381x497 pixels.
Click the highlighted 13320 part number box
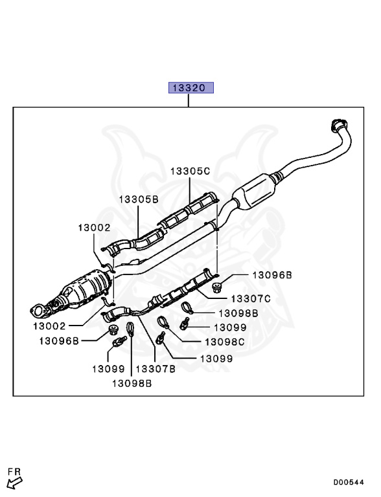(x=191, y=87)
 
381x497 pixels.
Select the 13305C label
(x=190, y=171)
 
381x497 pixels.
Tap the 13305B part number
(x=138, y=199)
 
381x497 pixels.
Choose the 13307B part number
(x=156, y=370)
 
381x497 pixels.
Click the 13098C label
(x=224, y=342)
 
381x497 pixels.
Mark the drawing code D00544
(x=349, y=482)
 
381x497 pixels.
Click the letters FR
(x=13, y=470)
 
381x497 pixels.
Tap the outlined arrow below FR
(x=14, y=482)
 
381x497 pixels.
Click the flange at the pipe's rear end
(x=338, y=124)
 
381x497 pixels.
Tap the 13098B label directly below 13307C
(x=238, y=313)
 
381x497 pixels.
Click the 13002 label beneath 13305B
(x=95, y=228)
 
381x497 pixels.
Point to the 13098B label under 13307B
(x=132, y=383)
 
